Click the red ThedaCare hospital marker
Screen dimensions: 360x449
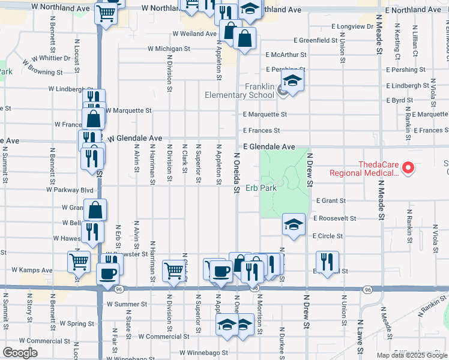(x=408, y=169)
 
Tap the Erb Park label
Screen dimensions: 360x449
(x=261, y=188)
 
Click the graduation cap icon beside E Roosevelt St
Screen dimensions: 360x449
(x=292, y=224)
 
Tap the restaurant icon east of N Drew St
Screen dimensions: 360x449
(x=327, y=262)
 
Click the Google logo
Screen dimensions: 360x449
(x=20, y=353)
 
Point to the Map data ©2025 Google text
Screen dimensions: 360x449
(x=411, y=355)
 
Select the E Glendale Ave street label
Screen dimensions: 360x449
(x=270, y=146)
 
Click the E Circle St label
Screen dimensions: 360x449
(x=328, y=236)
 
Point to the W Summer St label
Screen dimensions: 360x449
(x=127, y=304)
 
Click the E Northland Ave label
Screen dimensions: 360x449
(x=414, y=10)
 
